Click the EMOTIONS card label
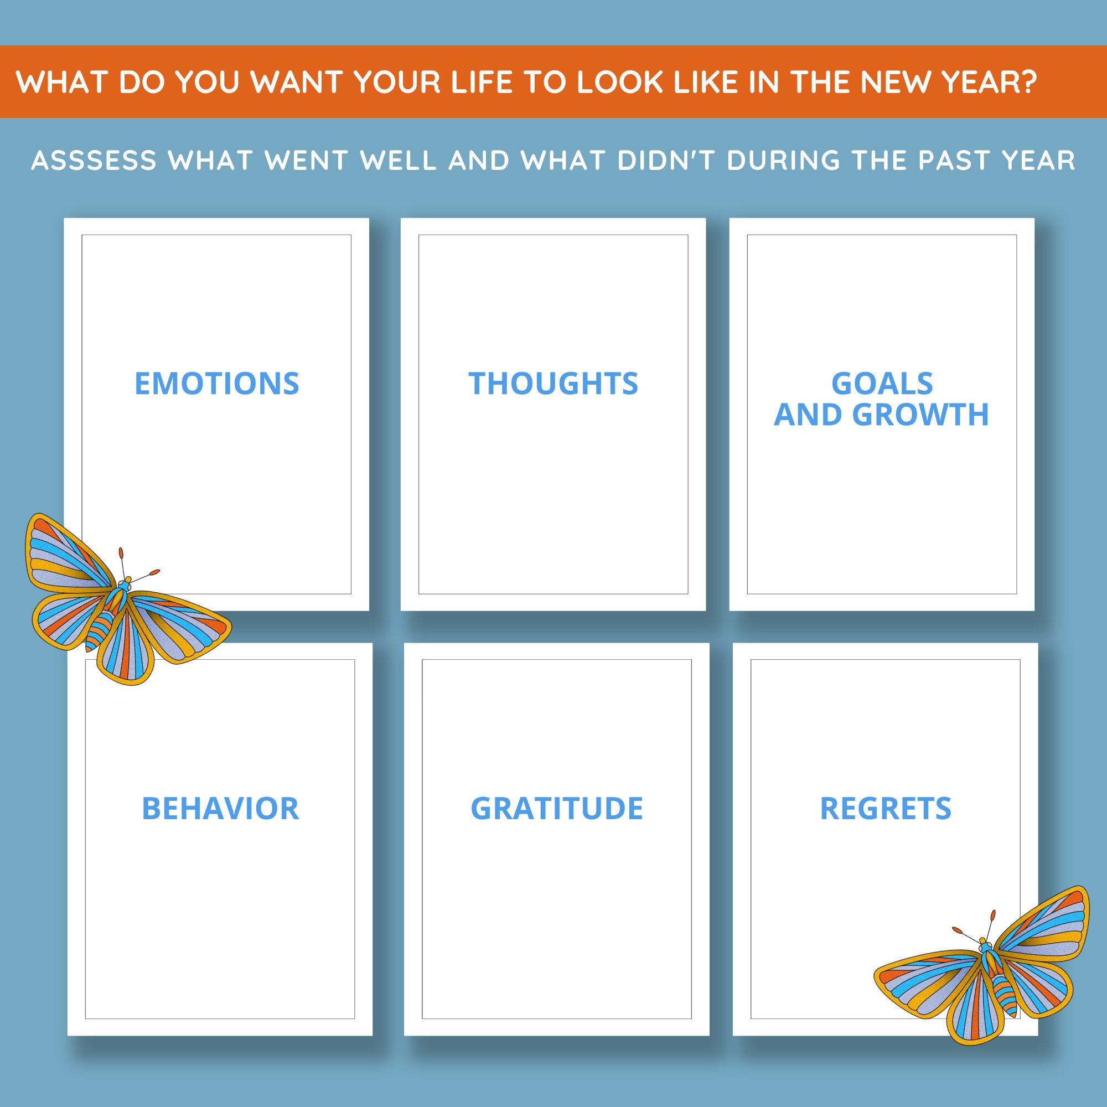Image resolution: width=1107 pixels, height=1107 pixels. coord(216,384)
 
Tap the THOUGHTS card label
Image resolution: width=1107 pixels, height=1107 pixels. coord(553,384)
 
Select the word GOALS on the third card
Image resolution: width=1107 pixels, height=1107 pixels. coord(882,384)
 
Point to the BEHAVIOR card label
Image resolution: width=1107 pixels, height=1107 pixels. coord(220,809)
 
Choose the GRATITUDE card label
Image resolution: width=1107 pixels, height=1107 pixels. coord(556,809)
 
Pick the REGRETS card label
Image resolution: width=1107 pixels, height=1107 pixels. coord(885,809)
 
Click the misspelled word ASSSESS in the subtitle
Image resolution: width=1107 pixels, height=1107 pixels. coord(94,161)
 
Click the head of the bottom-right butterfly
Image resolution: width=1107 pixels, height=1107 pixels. coord(983,943)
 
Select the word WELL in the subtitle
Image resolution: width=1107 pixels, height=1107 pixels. coord(398,161)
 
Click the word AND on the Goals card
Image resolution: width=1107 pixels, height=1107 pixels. coord(808,415)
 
